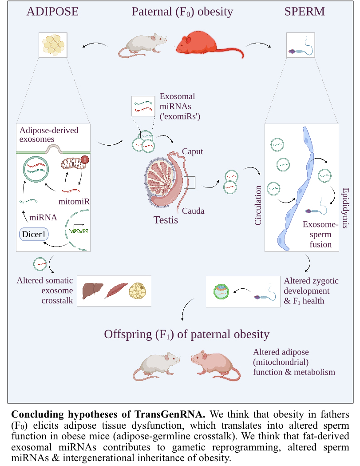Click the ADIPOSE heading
52,12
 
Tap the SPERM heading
304,12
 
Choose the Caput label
192,151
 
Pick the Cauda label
193,210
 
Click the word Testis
166,219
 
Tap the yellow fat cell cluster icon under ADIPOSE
53,45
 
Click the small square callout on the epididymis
190,182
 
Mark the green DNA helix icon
78,230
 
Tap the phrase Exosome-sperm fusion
320,235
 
